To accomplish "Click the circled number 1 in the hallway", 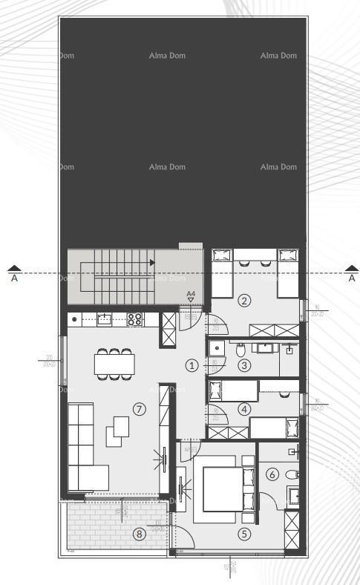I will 192,365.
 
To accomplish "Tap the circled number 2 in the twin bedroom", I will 244,301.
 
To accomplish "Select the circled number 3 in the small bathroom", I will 244,365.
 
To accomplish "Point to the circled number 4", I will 244,408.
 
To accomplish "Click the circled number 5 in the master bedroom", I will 244,533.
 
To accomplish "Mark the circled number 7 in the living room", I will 139,408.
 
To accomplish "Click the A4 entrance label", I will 191,295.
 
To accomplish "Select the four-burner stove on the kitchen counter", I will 135,320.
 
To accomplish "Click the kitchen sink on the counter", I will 105,319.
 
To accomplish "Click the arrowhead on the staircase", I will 152,262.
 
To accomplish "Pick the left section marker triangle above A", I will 14,268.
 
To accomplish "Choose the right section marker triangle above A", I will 352,268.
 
